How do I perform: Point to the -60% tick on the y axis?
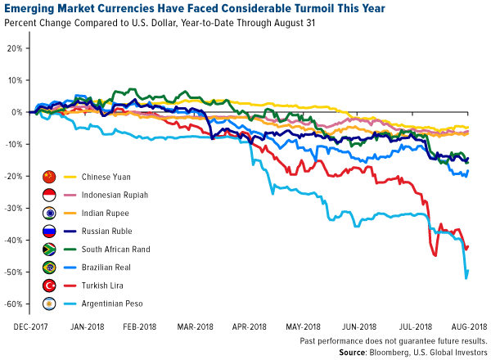12,304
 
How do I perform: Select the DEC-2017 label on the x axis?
30,326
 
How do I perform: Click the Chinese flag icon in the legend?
50,177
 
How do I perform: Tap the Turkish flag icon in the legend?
50,286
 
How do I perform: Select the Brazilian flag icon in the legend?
50,268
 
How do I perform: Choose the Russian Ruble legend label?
93,232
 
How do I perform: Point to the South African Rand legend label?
102,250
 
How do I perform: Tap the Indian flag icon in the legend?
50,213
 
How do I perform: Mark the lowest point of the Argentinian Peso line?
466,278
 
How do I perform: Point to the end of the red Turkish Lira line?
468,245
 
